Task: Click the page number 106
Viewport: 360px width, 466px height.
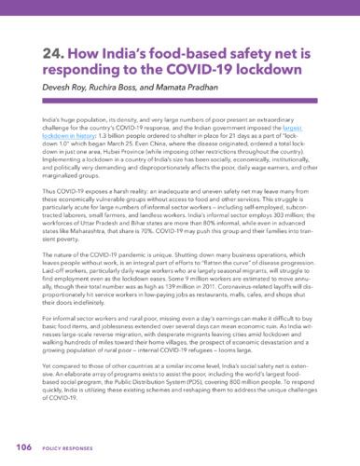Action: (21, 448)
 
